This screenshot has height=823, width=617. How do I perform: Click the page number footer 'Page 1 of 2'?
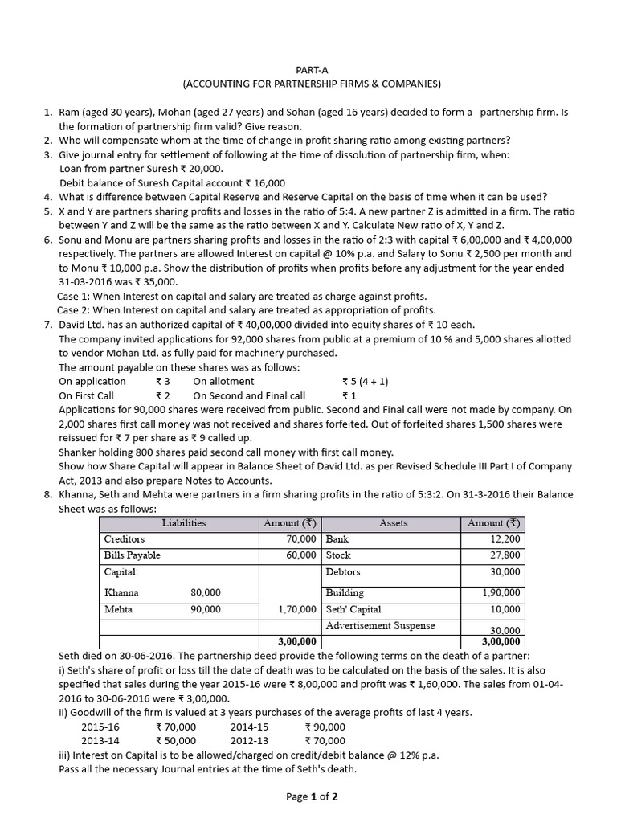tap(312, 796)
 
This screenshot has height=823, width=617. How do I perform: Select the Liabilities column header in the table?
tap(183, 523)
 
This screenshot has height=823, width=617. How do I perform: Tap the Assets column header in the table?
tap(393, 523)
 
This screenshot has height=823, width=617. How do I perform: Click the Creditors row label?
tap(124, 539)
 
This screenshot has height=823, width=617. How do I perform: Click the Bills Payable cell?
tap(133, 555)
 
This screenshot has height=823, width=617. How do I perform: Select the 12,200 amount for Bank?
tap(505, 539)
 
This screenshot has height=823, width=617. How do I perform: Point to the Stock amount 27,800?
tap(505, 555)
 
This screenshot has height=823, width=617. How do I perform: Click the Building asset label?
tap(345, 592)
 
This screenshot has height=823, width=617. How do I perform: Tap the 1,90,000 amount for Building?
tap(501, 592)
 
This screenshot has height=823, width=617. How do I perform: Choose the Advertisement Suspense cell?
tap(380, 625)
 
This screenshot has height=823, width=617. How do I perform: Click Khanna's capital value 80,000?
tap(206, 592)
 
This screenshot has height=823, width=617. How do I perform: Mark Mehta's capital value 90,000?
tap(206, 610)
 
